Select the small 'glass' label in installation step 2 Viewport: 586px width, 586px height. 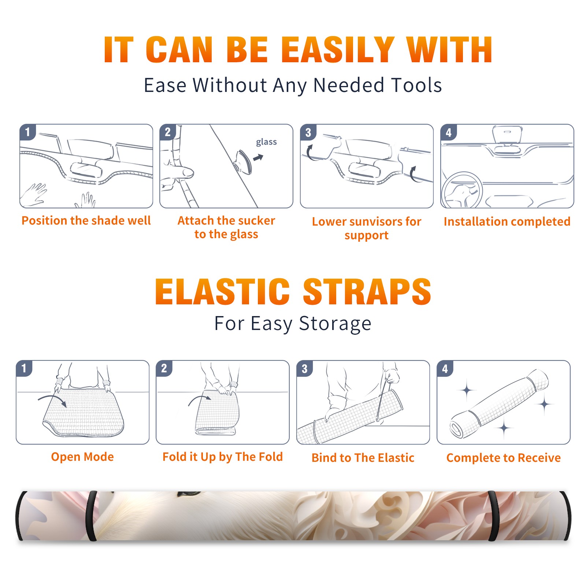pyautogui.click(x=266, y=142)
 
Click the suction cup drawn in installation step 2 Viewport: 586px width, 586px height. pyautogui.click(x=243, y=162)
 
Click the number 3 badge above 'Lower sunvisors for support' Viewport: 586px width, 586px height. pyautogui.click(x=308, y=132)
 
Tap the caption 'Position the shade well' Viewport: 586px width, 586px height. pyautogui.click(x=86, y=220)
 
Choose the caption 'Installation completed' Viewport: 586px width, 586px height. pyautogui.click(x=507, y=222)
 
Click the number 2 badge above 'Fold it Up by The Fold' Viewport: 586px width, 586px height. pyautogui.click(x=164, y=368)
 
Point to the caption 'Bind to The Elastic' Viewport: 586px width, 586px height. pyautogui.click(x=363, y=458)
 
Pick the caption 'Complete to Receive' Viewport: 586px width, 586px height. pyautogui.click(x=504, y=458)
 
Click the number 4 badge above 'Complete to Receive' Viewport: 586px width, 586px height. pyautogui.click(x=445, y=368)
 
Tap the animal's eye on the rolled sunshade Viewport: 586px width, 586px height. pyautogui.click(x=189, y=494)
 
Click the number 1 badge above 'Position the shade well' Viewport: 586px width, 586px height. pyautogui.click(x=28, y=132)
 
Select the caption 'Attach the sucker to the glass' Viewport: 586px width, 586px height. pyautogui.click(x=226, y=227)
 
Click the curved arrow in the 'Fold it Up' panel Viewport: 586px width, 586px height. pyautogui.click(x=200, y=400)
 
